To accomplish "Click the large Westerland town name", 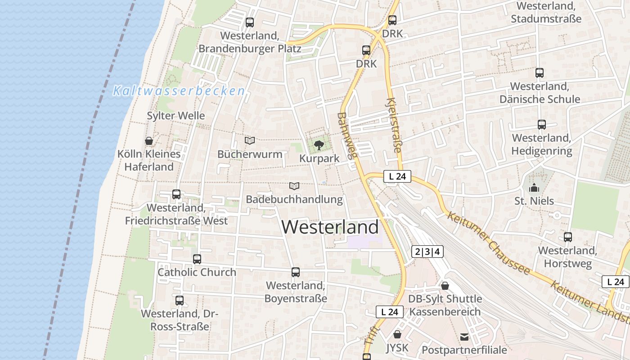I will pos(330,227).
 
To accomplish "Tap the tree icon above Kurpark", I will pos(319,145).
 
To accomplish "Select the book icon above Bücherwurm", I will pos(250,141).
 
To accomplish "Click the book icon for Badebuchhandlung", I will pos(294,186).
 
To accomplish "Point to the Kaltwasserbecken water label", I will pos(179,91).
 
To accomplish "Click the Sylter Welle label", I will pos(176,116).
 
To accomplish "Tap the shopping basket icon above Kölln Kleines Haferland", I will pos(149,141).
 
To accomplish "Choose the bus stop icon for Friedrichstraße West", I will pos(176,194).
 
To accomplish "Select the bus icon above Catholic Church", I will pos(197,259).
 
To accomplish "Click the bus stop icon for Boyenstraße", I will pos(296,272).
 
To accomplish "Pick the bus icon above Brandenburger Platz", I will pos(250,22).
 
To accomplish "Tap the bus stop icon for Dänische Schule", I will pos(540,72).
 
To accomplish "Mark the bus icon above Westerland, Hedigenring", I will pos(542,125).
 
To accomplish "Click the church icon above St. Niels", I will pos(534,188).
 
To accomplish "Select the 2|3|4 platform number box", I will pos(427,252).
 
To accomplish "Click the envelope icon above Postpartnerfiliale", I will pos(464,337).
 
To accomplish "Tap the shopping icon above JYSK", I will pos(397,334).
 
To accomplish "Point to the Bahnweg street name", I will pos(347,135).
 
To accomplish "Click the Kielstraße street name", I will pos(393,125).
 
